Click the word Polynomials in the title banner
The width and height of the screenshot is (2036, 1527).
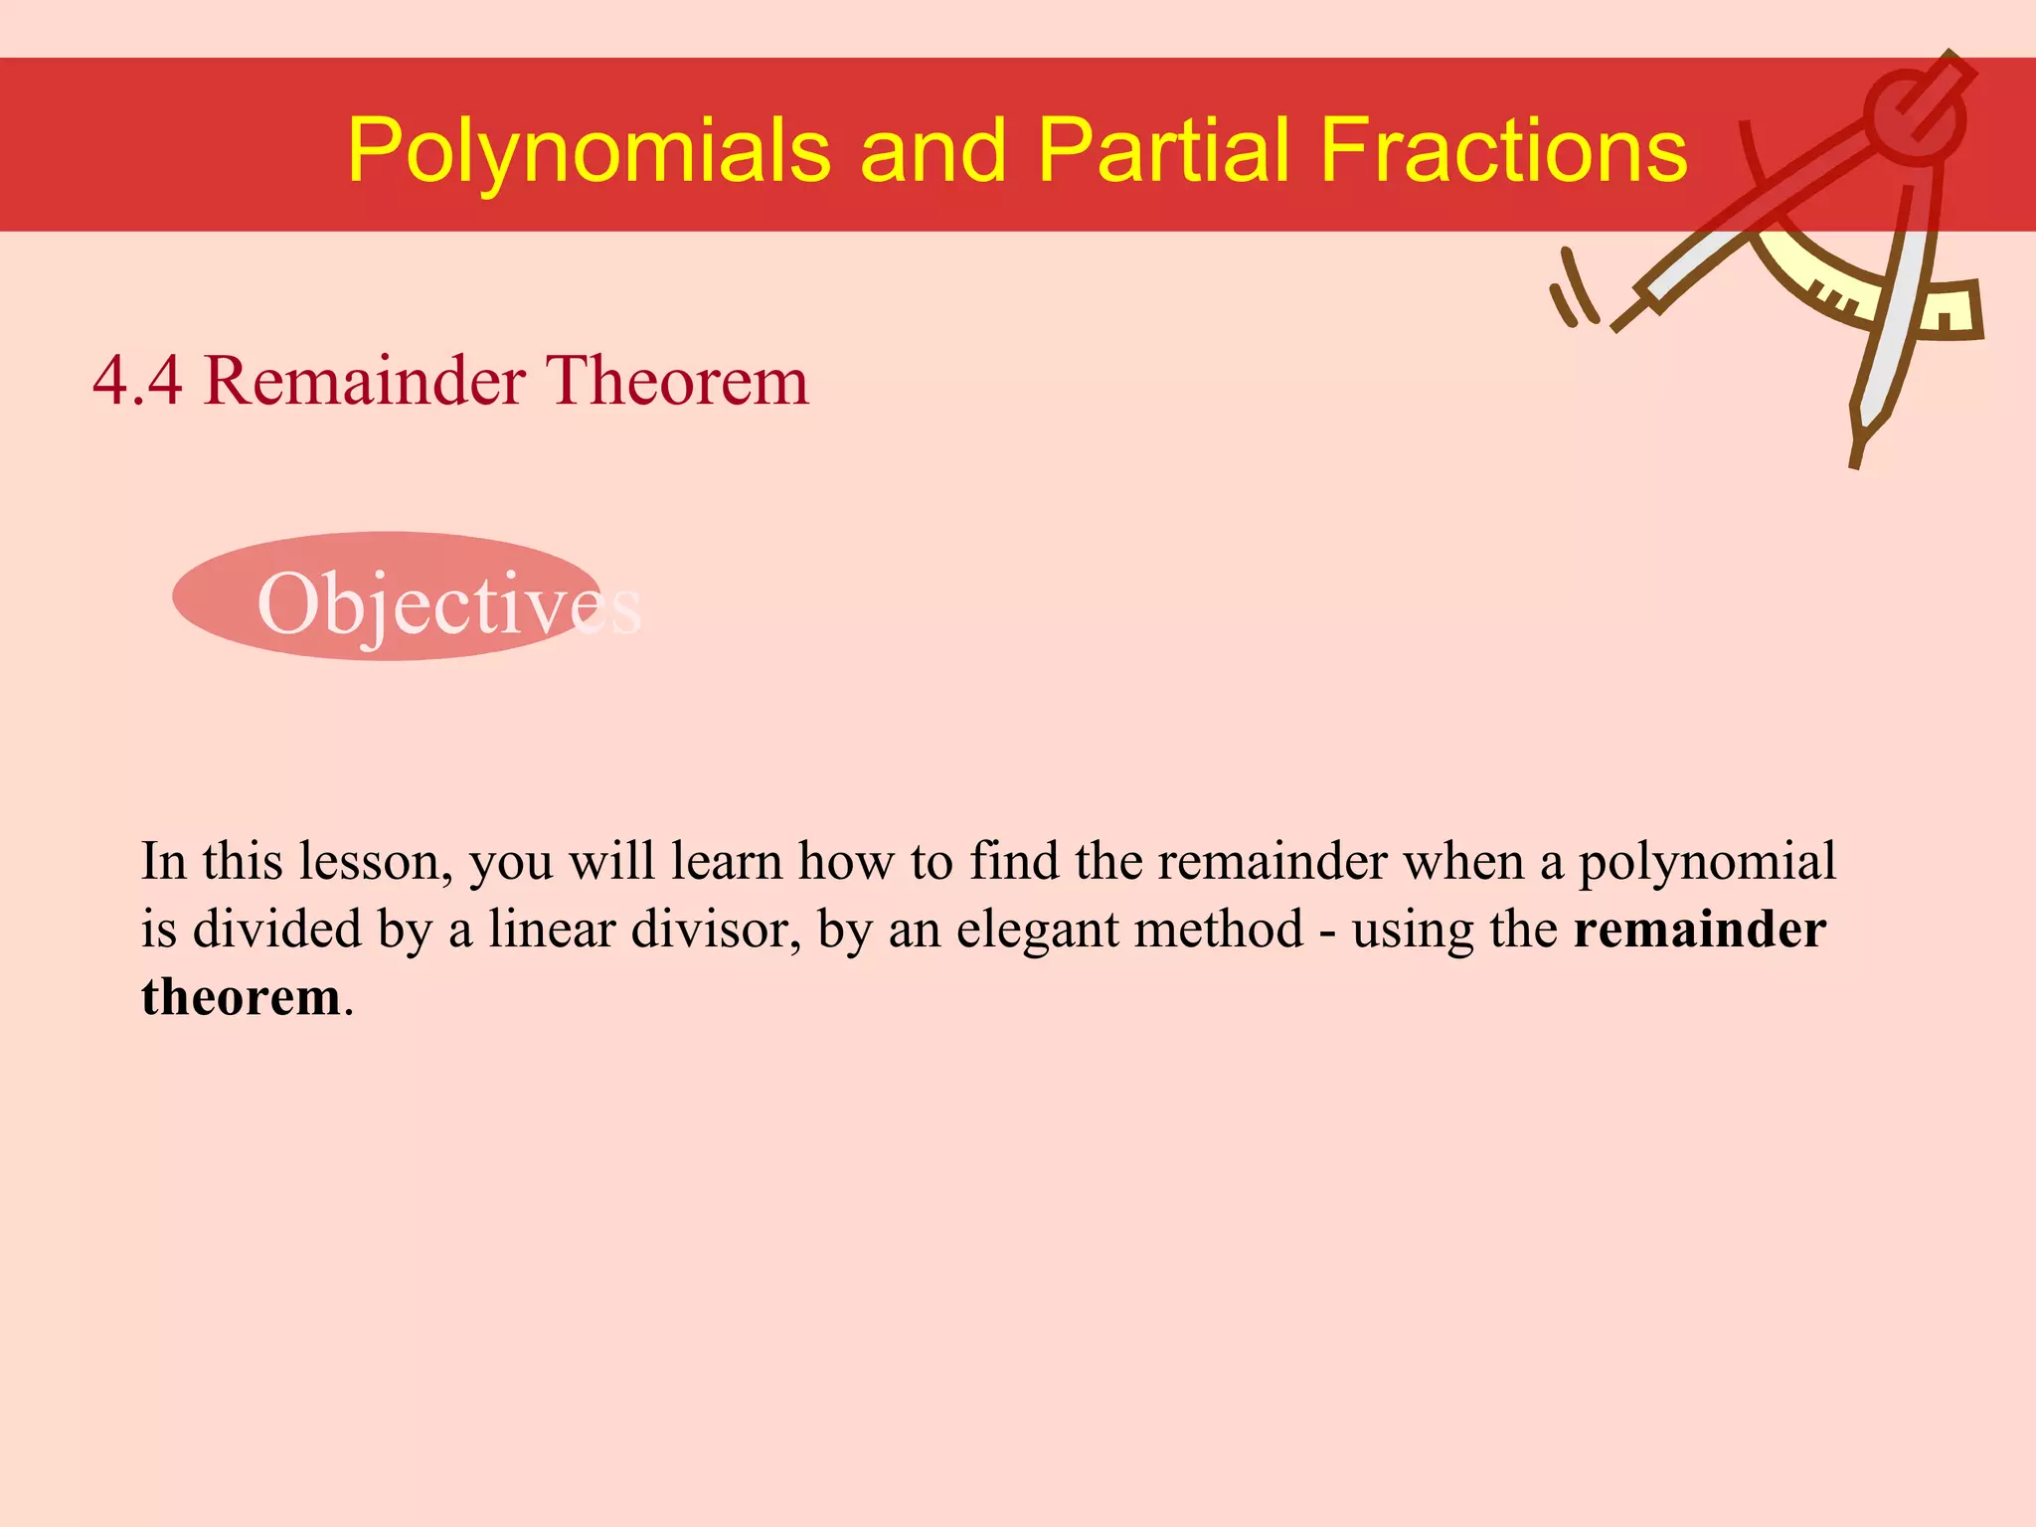tap(589, 151)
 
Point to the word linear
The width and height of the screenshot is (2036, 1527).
tap(552, 930)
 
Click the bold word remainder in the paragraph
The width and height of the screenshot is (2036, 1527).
tap(1700, 930)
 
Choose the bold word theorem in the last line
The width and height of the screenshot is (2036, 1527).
tap(242, 997)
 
